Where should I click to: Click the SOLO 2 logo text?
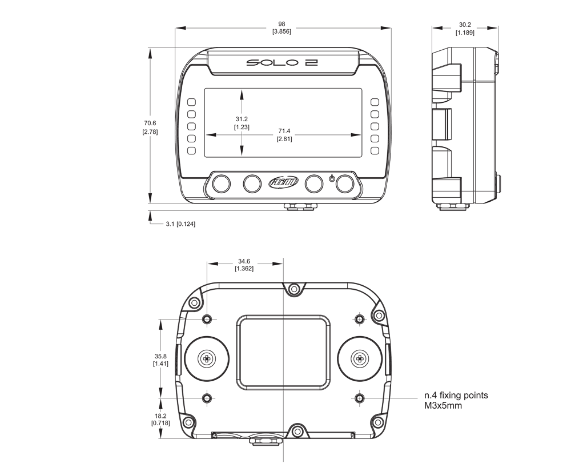tap(282, 62)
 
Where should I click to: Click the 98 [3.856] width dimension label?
tap(282, 27)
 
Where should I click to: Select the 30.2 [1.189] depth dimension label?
tap(465, 29)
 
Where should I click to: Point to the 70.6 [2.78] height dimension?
tap(150, 127)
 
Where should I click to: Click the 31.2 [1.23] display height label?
tap(242, 123)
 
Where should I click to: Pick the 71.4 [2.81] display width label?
tap(284, 134)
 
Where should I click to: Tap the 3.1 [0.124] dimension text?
tap(180, 224)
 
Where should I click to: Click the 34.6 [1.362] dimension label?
tap(244, 265)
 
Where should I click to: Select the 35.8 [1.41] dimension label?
tap(160, 360)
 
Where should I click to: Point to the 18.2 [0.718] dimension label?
tap(160, 419)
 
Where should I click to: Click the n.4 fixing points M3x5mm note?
tap(456, 400)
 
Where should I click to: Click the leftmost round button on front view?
tap(221, 183)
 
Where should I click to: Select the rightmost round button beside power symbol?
tap(345, 183)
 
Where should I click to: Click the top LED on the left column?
tap(191, 102)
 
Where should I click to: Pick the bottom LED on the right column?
tap(375, 150)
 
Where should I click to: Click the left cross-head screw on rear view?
tap(207, 359)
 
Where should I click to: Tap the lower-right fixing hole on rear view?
tap(359, 398)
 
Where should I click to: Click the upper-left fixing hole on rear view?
tap(207, 320)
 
